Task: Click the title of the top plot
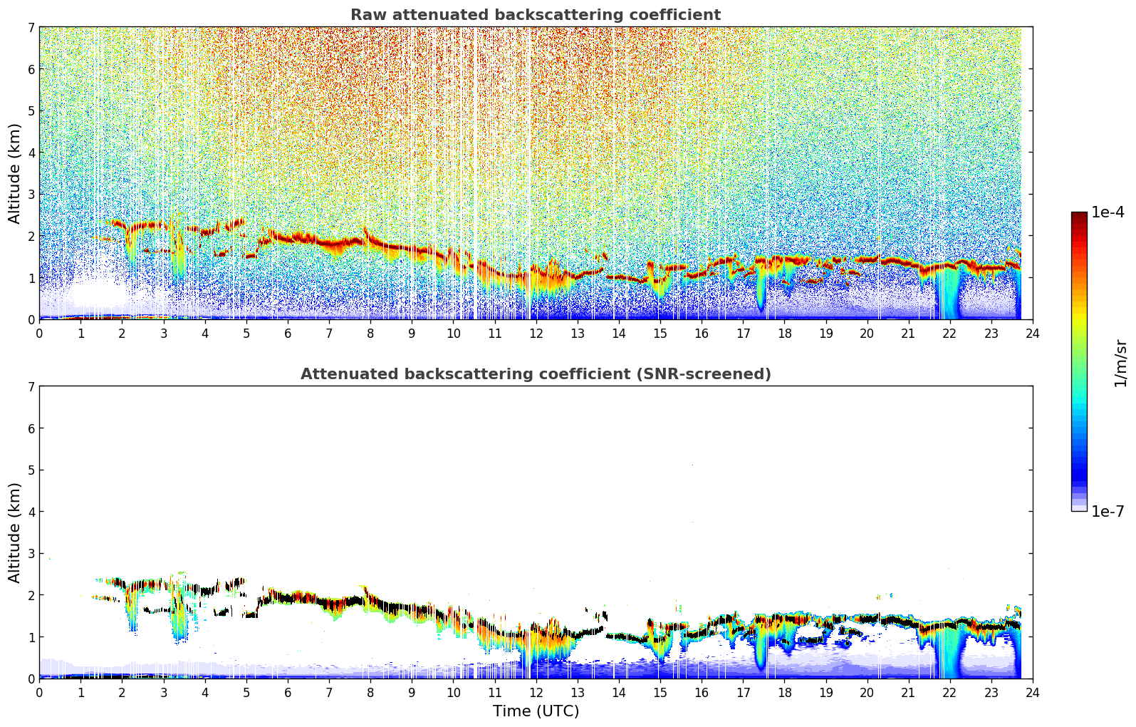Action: [x=536, y=15]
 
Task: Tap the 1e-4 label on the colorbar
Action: [x=1108, y=212]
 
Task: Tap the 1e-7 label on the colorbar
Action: [x=1108, y=511]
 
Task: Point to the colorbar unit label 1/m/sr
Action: [x=1120, y=363]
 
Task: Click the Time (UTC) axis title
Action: [x=536, y=711]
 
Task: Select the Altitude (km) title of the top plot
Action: [x=14, y=174]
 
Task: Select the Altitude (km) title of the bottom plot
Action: [x=14, y=532]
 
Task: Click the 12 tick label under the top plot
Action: [x=536, y=334]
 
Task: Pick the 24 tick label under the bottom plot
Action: [x=1033, y=693]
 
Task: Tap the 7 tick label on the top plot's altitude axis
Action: [x=31, y=27]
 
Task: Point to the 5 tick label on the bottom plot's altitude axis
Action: [x=31, y=470]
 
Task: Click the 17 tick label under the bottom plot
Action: [x=743, y=693]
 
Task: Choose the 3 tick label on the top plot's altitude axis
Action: [x=31, y=195]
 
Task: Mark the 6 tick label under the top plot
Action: [x=288, y=334]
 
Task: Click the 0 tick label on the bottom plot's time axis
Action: [x=40, y=693]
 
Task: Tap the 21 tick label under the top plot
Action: [x=908, y=334]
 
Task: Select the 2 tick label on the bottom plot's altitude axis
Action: [x=31, y=595]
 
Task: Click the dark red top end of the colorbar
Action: [x=1079, y=215]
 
